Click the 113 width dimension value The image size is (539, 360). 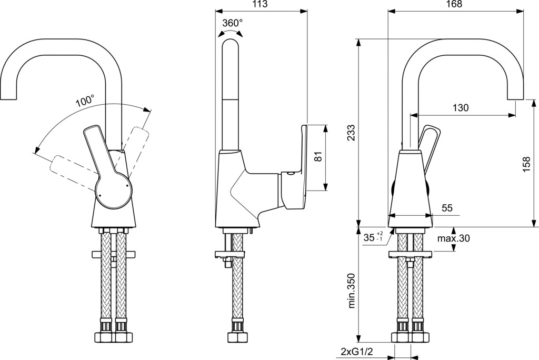(260, 4)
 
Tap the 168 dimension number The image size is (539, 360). (455, 4)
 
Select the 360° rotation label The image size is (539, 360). (232, 23)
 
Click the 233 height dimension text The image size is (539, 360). (351, 133)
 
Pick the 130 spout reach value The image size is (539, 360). (460, 107)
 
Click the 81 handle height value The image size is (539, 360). (318, 157)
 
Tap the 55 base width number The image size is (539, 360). (447, 208)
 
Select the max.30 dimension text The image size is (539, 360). (453, 238)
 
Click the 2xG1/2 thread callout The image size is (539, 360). (357, 352)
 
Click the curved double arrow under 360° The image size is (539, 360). (231, 32)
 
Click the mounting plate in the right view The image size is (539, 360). (410, 255)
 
